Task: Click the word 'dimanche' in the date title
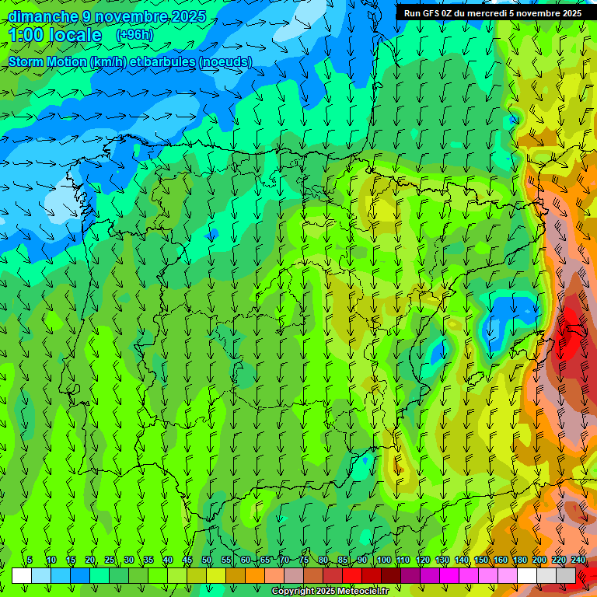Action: pos(42,16)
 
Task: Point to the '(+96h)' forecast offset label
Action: pos(134,35)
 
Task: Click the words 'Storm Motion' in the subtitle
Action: pos(48,61)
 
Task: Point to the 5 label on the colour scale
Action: pos(30,560)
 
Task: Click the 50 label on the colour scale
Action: pos(207,560)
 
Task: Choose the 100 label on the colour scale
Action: pos(384,560)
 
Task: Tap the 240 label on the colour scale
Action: pos(578,560)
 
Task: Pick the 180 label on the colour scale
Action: pos(520,560)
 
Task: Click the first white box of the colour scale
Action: pos(21,575)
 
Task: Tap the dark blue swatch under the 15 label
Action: pos(79,575)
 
